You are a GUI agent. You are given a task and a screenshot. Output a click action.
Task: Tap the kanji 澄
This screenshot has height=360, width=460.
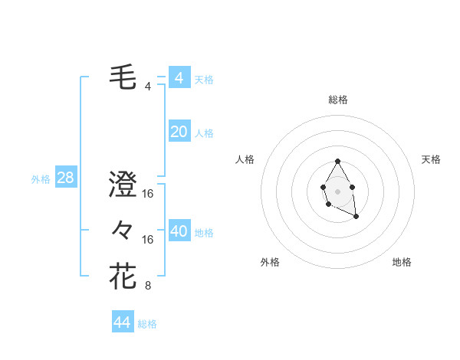[123, 185]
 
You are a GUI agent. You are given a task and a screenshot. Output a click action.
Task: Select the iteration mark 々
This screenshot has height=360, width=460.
[123, 230]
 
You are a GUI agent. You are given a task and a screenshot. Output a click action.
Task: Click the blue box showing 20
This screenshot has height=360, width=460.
[179, 132]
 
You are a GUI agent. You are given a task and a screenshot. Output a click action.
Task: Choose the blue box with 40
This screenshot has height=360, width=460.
[179, 231]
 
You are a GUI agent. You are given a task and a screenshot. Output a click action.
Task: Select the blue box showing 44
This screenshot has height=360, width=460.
[123, 322]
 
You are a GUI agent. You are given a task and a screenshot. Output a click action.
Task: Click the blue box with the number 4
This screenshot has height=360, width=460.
[179, 78]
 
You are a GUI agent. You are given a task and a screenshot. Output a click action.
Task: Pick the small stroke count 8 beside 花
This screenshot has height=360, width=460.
[148, 286]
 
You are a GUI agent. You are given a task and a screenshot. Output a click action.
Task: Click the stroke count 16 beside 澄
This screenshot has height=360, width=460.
[149, 195]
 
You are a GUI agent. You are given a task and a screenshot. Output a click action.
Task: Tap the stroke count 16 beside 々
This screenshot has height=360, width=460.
[149, 240]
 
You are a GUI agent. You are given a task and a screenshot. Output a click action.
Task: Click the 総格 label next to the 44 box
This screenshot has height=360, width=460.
[147, 324]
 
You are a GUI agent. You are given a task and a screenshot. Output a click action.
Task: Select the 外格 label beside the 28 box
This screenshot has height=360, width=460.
[41, 179]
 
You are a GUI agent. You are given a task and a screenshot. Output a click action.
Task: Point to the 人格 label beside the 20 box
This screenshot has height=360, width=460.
[204, 133]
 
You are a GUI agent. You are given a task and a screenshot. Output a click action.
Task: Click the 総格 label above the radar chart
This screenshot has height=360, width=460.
[337, 100]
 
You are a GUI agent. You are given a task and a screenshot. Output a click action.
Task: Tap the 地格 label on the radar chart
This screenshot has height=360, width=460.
[402, 262]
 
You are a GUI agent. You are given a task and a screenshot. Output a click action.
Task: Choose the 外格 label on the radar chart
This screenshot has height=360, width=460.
[270, 262]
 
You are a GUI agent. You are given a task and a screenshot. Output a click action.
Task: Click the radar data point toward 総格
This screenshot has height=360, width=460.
[337, 162]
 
